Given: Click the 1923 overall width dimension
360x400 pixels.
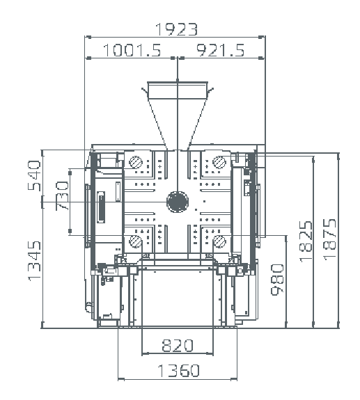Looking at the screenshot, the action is tap(176, 29).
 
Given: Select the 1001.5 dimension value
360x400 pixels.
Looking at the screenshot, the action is tap(132, 50).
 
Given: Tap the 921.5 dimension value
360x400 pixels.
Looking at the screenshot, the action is tap(220, 50).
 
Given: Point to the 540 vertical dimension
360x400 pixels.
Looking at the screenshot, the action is tap(34, 175).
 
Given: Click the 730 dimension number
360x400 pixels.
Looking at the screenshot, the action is tap(62, 195).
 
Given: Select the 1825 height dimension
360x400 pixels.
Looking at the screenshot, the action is tap(306, 241).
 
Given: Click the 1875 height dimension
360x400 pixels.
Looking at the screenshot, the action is tap(329, 239).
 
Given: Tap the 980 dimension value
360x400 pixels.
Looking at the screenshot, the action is tap(277, 280).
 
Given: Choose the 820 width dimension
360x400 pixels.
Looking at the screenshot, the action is tap(178, 346).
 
